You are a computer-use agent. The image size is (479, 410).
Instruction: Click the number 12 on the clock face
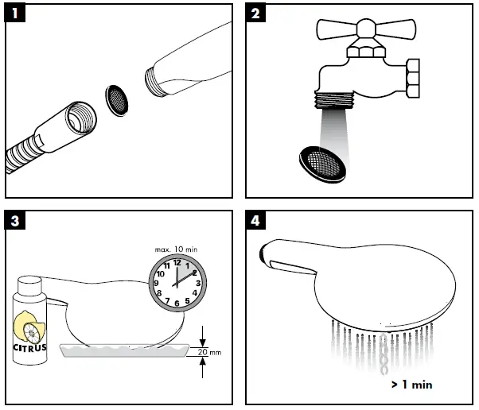pos(177,262)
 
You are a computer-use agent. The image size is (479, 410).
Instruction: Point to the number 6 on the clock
pos(177,304)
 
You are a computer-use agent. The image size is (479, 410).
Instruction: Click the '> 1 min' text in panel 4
pos(412,385)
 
